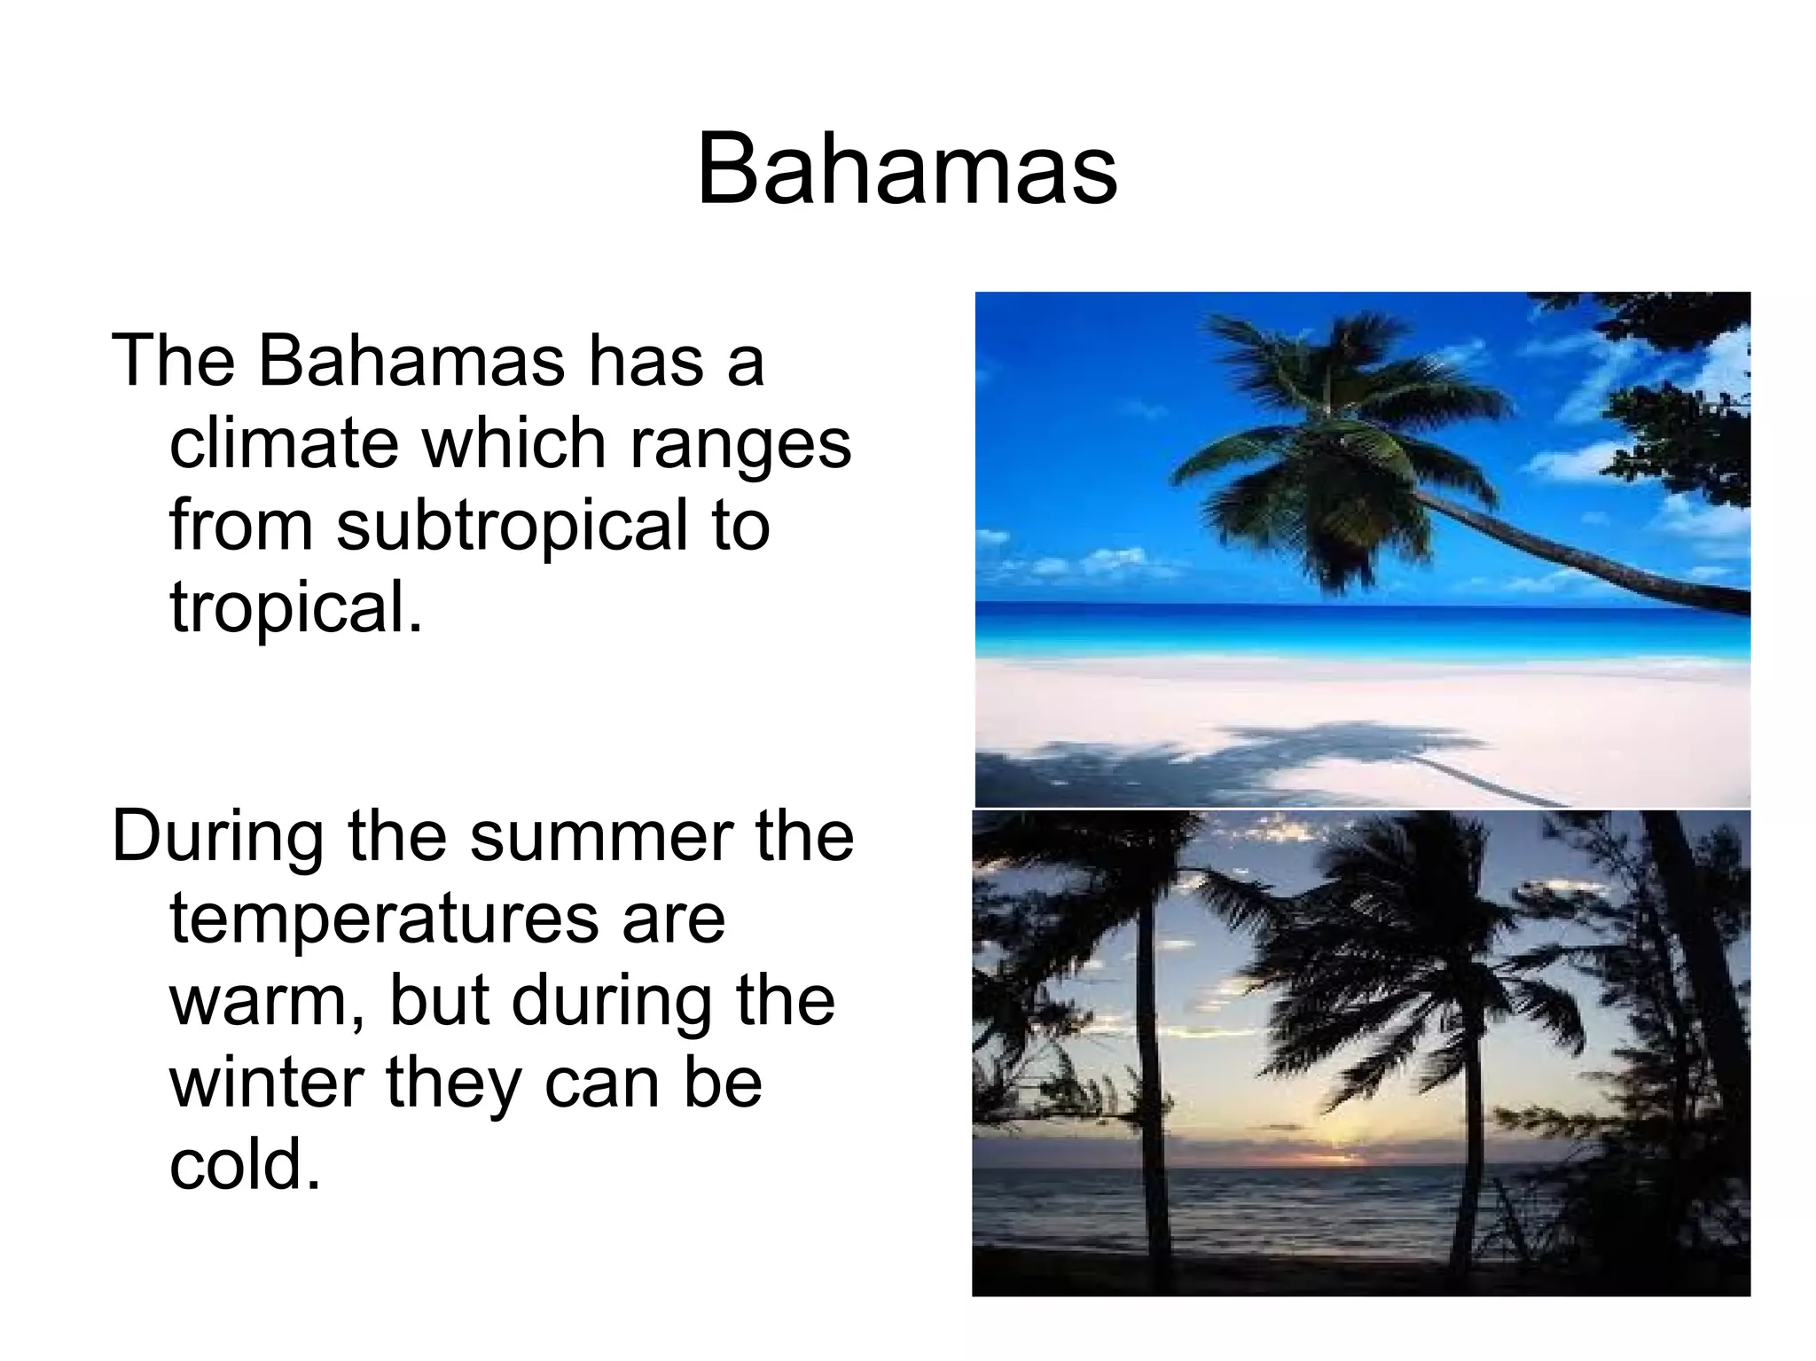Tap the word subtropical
click(x=512, y=525)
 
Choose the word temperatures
click(x=383, y=920)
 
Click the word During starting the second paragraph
click(x=218, y=837)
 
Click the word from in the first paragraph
click(x=241, y=525)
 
